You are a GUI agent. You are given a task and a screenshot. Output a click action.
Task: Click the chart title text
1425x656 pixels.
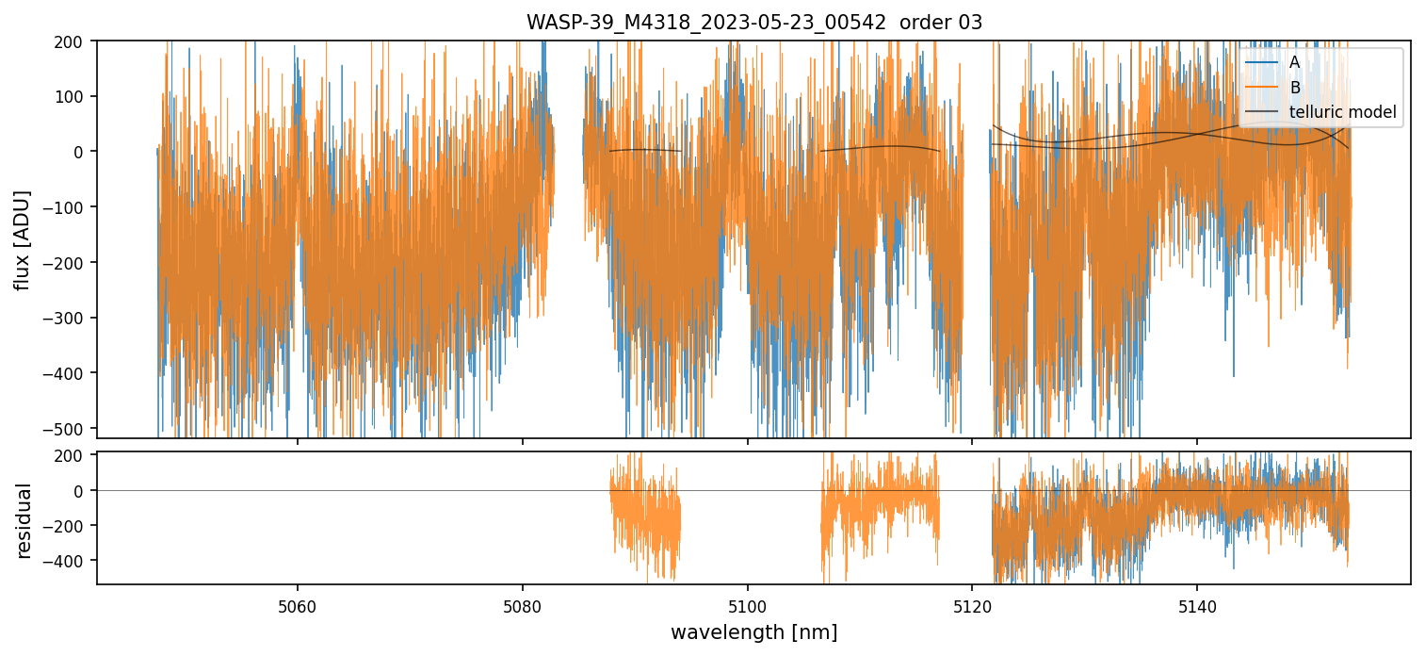coord(753,23)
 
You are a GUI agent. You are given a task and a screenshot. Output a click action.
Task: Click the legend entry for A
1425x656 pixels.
coord(1294,62)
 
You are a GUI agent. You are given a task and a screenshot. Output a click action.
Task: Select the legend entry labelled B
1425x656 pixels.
coord(1294,88)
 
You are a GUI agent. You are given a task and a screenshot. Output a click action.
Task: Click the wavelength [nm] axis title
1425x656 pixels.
coord(753,632)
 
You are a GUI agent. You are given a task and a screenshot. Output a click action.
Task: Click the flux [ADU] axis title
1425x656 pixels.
coord(23,239)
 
